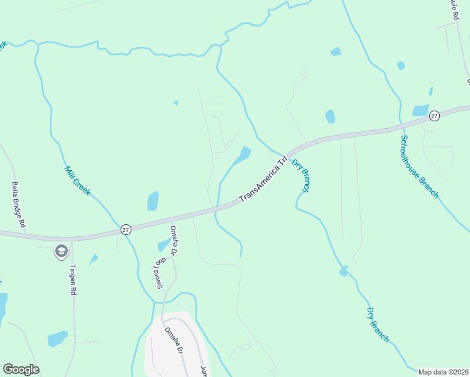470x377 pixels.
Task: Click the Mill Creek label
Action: coord(78,180)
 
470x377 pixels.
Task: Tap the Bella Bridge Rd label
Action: coord(19,204)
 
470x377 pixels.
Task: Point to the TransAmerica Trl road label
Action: coord(263,180)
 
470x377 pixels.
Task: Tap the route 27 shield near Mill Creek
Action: coord(126,230)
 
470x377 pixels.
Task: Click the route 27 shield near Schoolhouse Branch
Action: coord(434,116)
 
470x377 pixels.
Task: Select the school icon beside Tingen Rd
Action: coord(61,252)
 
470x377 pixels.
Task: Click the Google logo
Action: coord(21,369)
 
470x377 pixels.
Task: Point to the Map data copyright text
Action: coord(443,372)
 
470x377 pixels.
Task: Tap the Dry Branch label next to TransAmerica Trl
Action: coord(302,176)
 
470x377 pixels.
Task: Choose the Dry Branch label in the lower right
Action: coord(378,324)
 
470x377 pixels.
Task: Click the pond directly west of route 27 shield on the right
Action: coord(420,111)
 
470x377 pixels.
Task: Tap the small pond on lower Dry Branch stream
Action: coord(343,271)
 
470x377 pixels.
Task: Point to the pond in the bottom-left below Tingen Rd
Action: coord(57,339)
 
